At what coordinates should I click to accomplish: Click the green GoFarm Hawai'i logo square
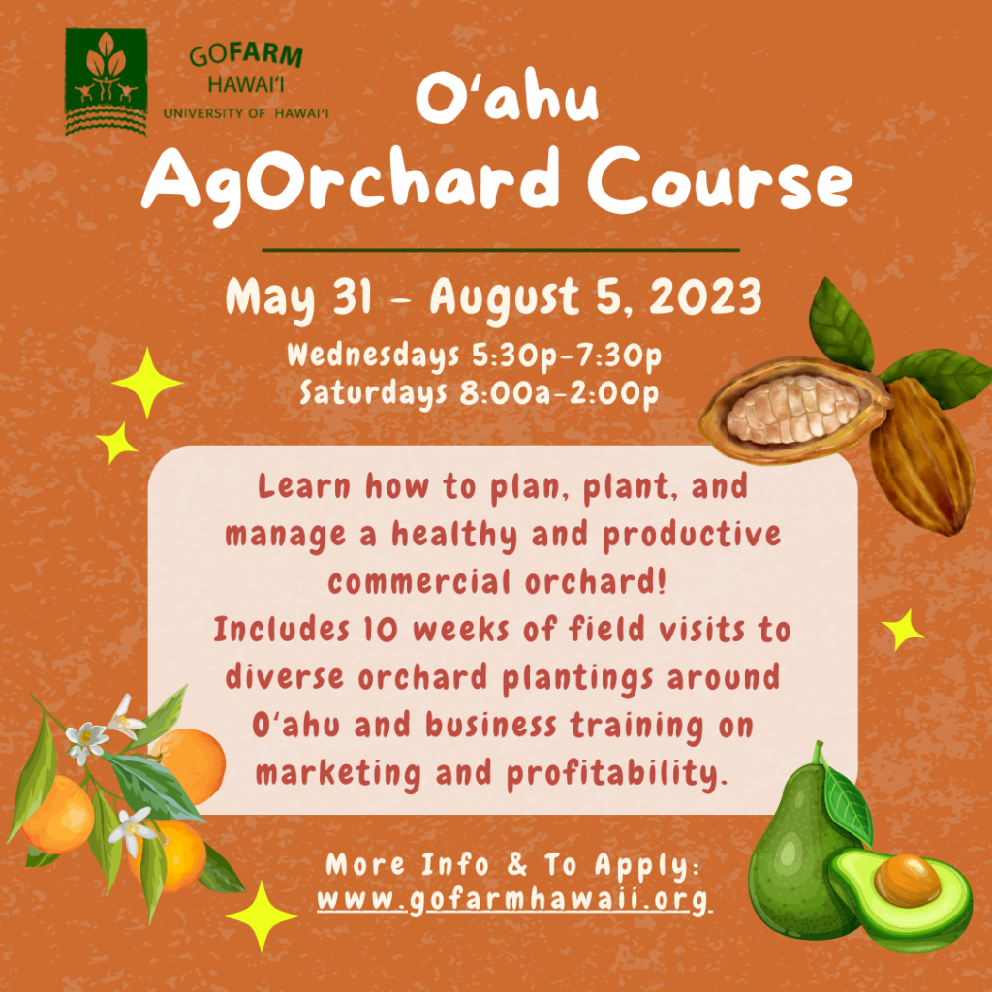pos(107,81)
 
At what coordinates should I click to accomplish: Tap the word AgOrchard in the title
pos(351,183)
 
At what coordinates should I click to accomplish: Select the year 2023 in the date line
pos(705,296)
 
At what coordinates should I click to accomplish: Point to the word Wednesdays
pos(373,356)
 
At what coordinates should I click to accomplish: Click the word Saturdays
pos(373,393)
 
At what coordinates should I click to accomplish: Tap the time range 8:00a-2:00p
pos(559,393)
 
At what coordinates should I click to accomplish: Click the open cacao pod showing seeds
pos(796,410)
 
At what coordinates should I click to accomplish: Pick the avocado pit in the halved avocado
pos(907,880)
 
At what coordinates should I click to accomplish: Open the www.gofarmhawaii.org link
pos(514,899)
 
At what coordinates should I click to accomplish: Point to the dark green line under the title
pos(501,251)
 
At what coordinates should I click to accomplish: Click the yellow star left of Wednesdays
pos(147,383)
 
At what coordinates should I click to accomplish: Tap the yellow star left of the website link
pos(262,916)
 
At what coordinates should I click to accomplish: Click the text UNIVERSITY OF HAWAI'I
pos(246,113)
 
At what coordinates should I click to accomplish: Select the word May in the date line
pos(270,298)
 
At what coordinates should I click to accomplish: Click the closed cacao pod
pos(921,455)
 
